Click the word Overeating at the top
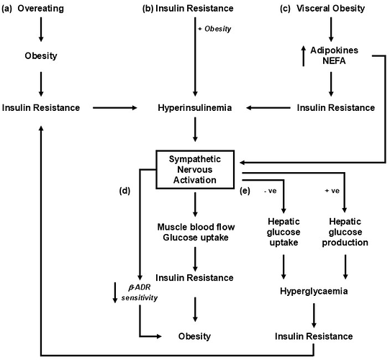[41, 9]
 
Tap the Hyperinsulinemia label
[195, 108]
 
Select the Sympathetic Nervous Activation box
[195, 169]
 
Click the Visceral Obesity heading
[330, 9]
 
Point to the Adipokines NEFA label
[334, 55]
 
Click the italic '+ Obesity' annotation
[214, 29]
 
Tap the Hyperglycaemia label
[314, 291]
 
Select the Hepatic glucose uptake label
[284, 232]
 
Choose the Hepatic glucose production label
[345, 232]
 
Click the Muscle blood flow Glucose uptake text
[196, 232]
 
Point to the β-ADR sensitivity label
[140, 292]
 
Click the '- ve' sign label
[270, 191]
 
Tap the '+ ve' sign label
[332, 191]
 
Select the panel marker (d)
[124, 191]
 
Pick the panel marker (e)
[245, 191]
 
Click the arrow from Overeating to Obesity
[41, 30]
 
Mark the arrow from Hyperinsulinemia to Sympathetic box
[195, 130]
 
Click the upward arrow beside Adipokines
[303, 56]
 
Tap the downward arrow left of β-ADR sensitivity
[115, 292]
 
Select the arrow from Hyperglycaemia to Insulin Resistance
[314, 315]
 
